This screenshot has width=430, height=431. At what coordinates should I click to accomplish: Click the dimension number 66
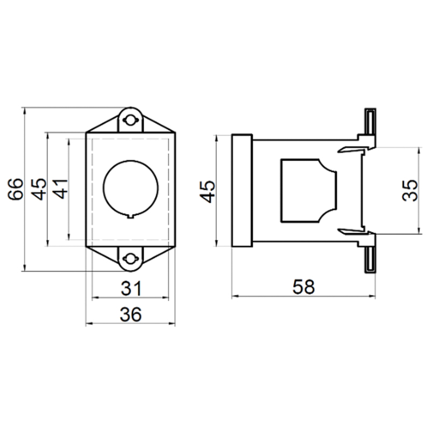pos(15,189)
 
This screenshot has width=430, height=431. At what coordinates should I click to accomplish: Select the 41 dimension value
pos(60,189)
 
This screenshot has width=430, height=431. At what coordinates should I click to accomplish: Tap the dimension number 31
pos(131,288)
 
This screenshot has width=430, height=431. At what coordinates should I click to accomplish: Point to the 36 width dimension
pos(131,314)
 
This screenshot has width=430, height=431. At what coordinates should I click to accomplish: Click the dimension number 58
pos(304,287)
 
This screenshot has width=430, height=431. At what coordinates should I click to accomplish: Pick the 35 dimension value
pos(410,190)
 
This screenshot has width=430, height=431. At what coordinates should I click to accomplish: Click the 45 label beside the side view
pos(207,192)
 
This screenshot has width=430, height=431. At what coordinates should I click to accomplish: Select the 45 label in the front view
pos(38,189)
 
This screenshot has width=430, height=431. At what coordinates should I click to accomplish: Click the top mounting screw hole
pos(130,120)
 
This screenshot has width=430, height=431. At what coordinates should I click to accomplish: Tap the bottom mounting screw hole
pos(130,259)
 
